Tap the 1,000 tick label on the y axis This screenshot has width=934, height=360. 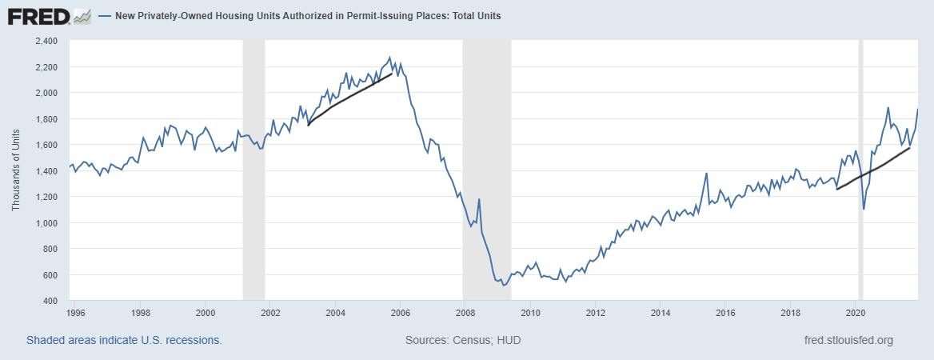[46, 222]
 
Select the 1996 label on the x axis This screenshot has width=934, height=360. [76, 312]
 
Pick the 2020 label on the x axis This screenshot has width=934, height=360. [856, 312]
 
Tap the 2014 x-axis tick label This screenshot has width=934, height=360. [661, 312]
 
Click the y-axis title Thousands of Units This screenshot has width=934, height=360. [16, 170]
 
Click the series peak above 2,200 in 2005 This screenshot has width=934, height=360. [389, 58]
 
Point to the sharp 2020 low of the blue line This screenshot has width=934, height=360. [864, 209]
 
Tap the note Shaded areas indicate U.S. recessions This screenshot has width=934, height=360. [124, 340]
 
